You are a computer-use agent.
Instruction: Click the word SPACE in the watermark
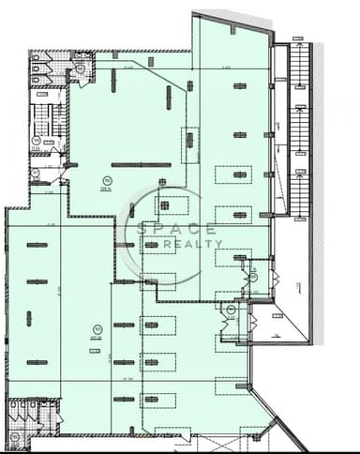[177, 229]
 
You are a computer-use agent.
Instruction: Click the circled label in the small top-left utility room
[81, 68]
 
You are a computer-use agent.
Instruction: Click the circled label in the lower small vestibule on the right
[229, 310]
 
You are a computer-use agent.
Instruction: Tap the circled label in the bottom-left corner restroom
[14, 435]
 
